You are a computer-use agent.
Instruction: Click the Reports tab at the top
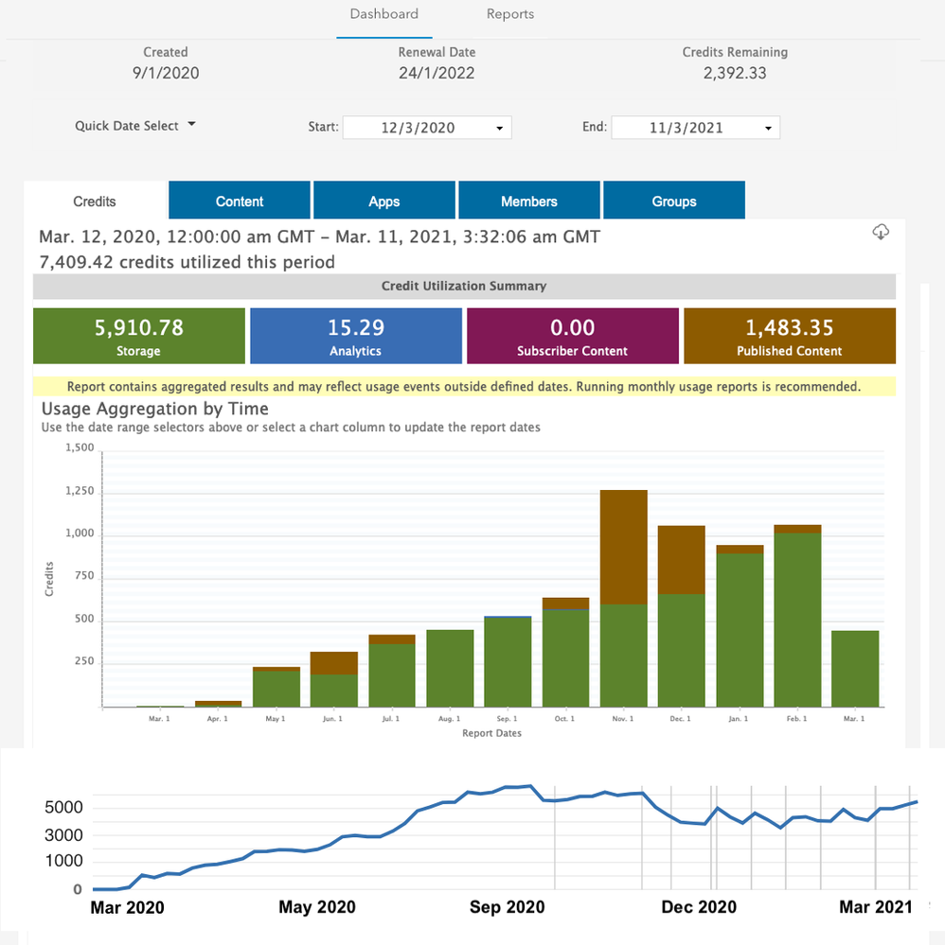tap(510, 14)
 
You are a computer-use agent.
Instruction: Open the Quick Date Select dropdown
tap(135, 126)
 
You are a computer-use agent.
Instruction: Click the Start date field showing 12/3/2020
tap(426, 128)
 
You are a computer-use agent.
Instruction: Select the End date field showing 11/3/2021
tap(695, 128)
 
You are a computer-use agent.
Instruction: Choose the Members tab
tap(529, 201)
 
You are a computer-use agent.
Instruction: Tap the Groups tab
tap(674, 201)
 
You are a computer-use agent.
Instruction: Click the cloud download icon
tap(880, 233)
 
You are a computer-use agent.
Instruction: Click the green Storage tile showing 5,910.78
tap(139, 336)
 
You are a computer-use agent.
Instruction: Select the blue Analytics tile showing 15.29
tap(355, 336)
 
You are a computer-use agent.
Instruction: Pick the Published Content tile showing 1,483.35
tap(790, 336)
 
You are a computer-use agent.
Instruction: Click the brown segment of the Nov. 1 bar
tap(624, 547)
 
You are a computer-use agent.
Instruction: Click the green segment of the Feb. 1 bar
tap(797, 620)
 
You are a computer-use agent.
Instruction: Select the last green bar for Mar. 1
tap(855, 668)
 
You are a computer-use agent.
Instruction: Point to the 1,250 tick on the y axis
tap(80, 492)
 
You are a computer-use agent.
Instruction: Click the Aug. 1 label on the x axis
tap(450, 720)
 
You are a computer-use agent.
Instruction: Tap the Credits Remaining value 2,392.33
tap(735, 73)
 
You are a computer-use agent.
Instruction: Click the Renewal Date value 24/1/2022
tap(437, 73)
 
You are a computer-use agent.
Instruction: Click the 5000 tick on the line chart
tap(64, 808)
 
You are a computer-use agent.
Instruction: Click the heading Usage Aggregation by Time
tap(155, 409)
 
